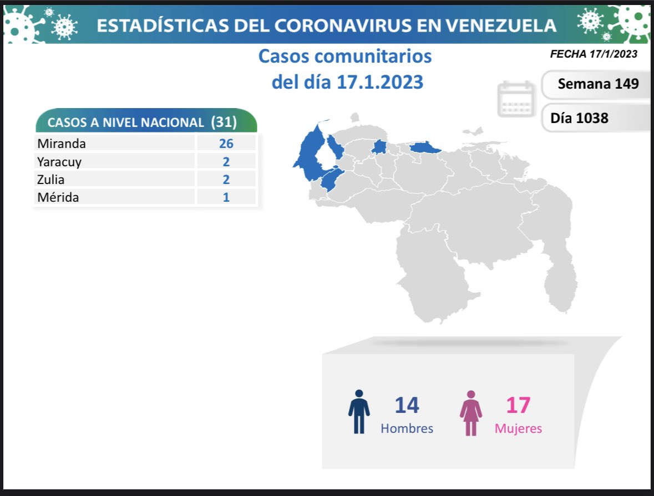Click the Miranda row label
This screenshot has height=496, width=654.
(62, 144)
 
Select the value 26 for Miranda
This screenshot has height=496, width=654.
(226, 144)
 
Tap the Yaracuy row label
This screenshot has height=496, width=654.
(59, 162)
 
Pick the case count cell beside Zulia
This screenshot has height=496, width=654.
(226, 180)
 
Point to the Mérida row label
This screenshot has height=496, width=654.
(58, 197)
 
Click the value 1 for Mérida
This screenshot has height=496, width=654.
(226, 197)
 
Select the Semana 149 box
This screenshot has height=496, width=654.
(597, 84)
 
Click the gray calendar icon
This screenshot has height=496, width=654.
(516, 99)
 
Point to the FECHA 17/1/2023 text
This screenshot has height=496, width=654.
(593, 54)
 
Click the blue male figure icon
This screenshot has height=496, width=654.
(359, 412)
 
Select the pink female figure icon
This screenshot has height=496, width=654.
(471, 413)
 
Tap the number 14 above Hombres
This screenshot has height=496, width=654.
(407, 405)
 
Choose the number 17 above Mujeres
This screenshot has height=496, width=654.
(518, 405)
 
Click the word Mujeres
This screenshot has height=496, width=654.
(518, 428)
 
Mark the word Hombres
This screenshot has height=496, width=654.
(407, 428)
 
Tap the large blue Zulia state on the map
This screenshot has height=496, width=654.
(311, 152)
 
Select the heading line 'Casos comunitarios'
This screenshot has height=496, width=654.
(345, 56)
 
